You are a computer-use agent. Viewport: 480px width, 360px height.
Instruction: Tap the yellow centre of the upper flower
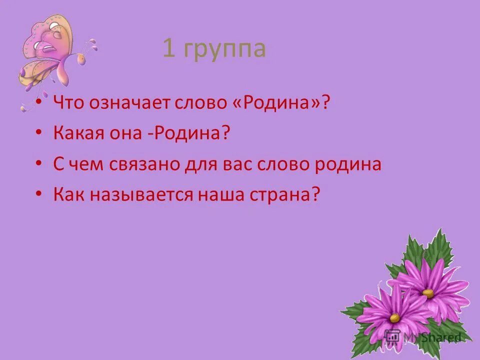pos(428,293)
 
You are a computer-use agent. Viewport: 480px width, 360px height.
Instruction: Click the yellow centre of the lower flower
pos(395,317)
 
